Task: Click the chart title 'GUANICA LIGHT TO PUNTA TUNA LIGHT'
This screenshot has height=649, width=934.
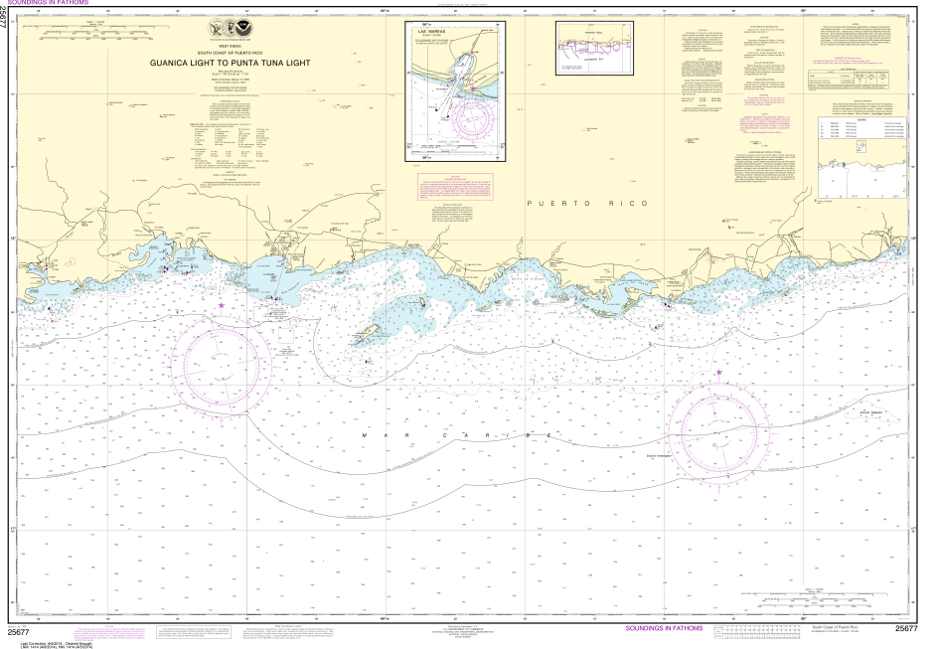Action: (x=231, y=63)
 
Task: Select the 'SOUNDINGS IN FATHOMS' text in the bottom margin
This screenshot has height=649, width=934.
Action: (x=664, y=628)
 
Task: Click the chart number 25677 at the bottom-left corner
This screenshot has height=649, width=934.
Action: (x=17, y=630)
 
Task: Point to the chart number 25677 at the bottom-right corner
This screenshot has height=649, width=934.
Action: (x=905, y=628)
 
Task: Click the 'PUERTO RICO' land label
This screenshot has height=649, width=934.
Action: (x=586, y=203)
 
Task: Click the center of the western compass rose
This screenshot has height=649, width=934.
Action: (x=225, y=358)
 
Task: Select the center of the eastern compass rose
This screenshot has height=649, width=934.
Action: (x=719, y=428)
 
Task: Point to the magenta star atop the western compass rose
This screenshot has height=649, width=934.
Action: (x=222, y=304)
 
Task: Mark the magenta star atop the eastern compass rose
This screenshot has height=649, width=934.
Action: (x=719, y=374)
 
